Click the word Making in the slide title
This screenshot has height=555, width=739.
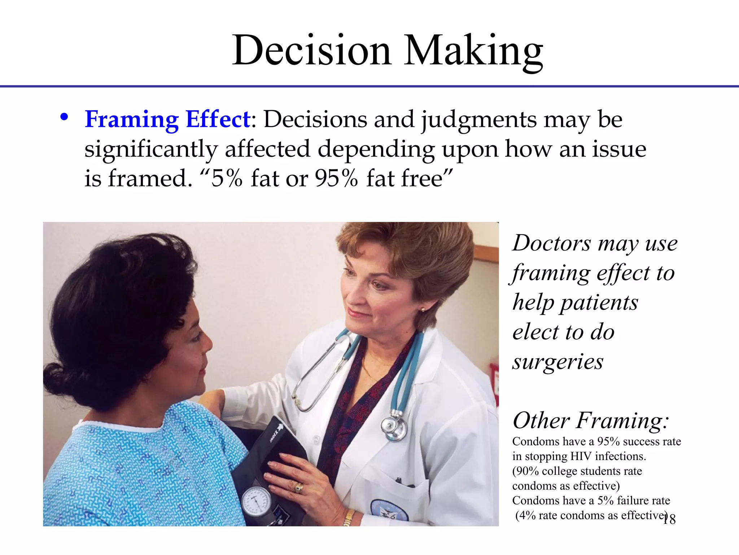click(x=473, y=51)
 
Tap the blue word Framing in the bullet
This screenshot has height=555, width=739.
click(x=131, y=119)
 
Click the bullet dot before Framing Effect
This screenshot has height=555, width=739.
click(x=64, y=117)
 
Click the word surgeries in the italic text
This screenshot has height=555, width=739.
click(x=557, y=362)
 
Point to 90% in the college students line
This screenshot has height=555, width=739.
click(x=527, y=471)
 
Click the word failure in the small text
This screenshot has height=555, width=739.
click(x=631, y=500)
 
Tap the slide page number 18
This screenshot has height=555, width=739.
click(x=669, y=520)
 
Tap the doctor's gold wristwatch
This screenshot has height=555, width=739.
click(x=349, y=517)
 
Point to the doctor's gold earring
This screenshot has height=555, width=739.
click(x=423, y=310)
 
